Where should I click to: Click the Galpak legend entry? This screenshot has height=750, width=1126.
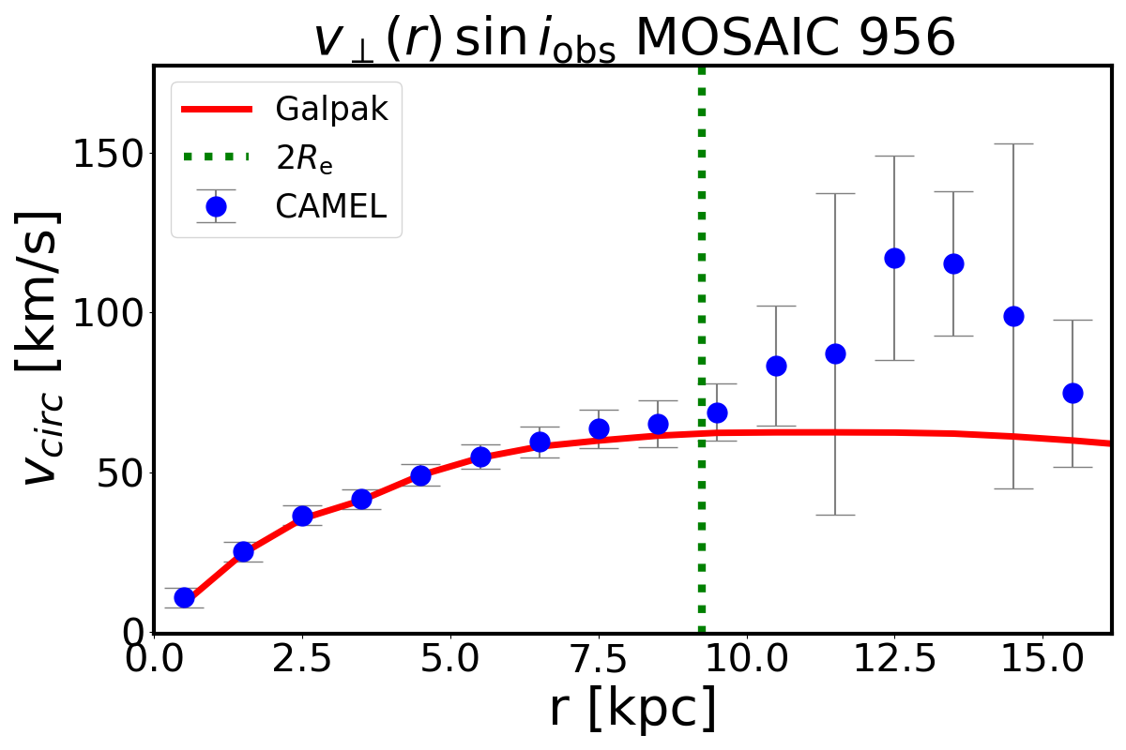(331, 109)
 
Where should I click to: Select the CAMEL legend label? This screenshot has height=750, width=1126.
(331, 206)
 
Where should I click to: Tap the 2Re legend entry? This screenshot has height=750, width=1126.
(304, 158)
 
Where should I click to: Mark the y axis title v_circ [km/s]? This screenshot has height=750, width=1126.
(42, 347)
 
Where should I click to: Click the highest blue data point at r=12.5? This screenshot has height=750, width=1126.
(894, 258)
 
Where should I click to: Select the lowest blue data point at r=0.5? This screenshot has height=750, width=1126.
(184, 597)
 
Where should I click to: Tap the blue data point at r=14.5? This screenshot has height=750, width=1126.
(1013, 316)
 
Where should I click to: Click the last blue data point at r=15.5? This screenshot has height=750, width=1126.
(1073, 393)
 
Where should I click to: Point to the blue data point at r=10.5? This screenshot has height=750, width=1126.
(776, 366)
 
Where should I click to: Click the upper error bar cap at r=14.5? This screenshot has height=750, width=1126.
(1013, 143)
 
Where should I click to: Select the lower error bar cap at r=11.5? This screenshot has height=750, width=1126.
(835, 515)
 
